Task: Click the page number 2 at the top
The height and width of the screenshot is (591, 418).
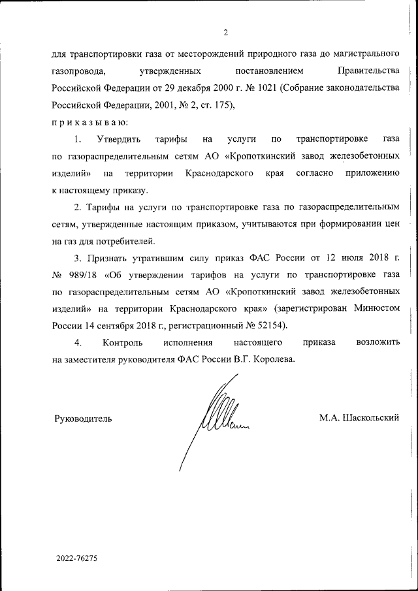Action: point(225,33)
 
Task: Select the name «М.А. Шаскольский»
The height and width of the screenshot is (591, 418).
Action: point(359,418)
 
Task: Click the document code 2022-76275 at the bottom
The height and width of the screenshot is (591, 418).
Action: point(76,559)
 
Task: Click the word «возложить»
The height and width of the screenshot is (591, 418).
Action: point(378,342)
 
